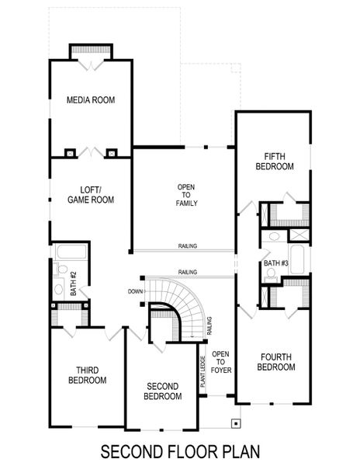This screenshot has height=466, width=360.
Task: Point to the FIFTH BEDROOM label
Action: [x=275, y=161]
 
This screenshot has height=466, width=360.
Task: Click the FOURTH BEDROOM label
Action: [x=275, y=362]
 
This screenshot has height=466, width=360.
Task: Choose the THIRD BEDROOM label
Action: [x=87, y=375]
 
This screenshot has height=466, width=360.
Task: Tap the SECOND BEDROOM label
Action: [x=163, y=391]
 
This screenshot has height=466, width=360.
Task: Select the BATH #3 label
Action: [x=275, y=264]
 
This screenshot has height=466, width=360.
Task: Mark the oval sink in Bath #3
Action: [x=273, y=236]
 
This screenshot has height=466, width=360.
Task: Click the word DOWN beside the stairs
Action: [x=136, y=291]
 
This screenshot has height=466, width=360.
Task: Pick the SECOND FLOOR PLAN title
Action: [x=179, y=450]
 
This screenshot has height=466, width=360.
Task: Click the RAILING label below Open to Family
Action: [x=187, y=246]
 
